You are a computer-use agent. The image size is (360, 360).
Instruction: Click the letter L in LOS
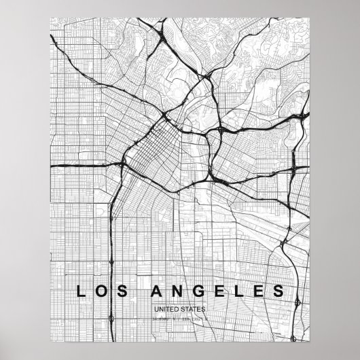[x=81, y=292]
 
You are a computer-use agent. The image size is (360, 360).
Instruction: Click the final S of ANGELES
[x=278, y=292]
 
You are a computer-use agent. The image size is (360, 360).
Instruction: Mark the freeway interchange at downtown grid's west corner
[x=122, y=165]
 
